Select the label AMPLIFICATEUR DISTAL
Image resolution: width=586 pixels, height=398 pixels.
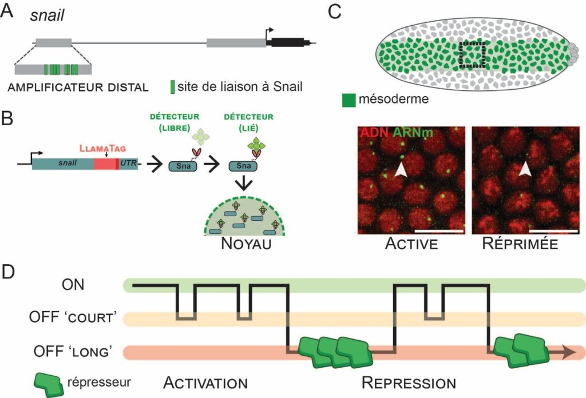pos(77,87)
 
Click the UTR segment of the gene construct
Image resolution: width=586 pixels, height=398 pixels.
pos(127,164)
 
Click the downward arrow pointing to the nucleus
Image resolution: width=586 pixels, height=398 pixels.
pos(245,184)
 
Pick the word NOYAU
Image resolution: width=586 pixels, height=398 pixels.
pos(245,245)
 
